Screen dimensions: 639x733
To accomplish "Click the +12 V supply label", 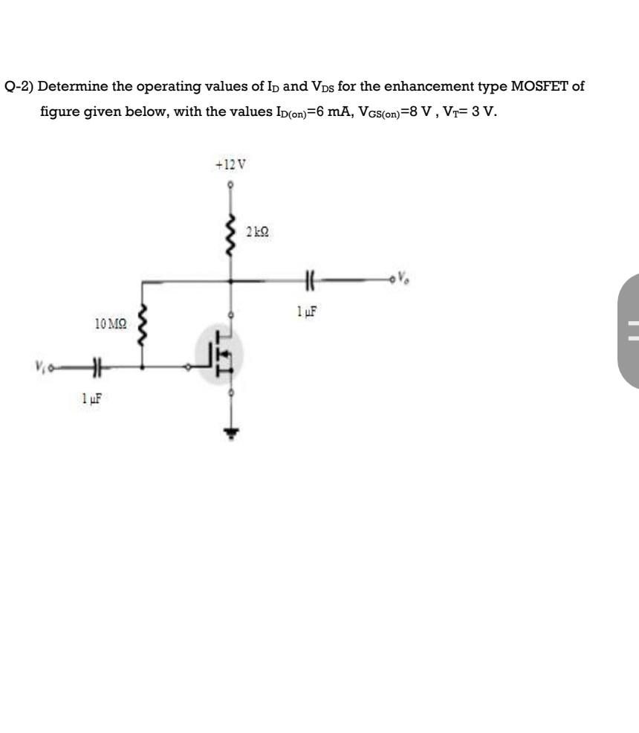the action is pos(230,164).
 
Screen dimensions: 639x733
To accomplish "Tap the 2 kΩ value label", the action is pos(257,231).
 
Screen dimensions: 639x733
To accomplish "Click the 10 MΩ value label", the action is pos(110,323).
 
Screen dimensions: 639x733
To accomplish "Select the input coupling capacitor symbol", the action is pos(97,367).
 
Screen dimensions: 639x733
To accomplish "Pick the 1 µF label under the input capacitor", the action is pos(91,398).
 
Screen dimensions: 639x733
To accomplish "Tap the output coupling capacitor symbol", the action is pos(310,280).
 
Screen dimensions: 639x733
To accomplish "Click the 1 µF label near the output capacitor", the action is pos(307,311).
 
